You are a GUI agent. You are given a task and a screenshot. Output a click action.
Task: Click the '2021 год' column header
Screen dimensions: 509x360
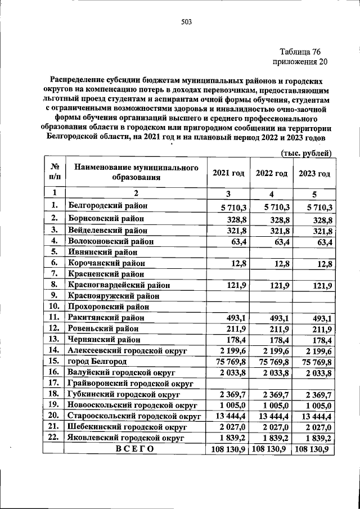[x=228, y=173]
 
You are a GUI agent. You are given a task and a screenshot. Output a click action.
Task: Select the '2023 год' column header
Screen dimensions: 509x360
[x=314, y=173]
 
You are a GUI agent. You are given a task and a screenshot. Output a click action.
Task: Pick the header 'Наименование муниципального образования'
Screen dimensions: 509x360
[x=136, y=173]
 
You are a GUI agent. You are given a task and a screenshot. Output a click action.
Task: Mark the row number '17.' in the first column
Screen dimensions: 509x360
[x=55, y=383]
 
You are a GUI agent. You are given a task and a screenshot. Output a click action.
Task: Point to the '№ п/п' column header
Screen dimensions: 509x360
[x=55, y=173]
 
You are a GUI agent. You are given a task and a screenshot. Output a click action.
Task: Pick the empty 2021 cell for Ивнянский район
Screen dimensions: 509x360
[x=228, y=252]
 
